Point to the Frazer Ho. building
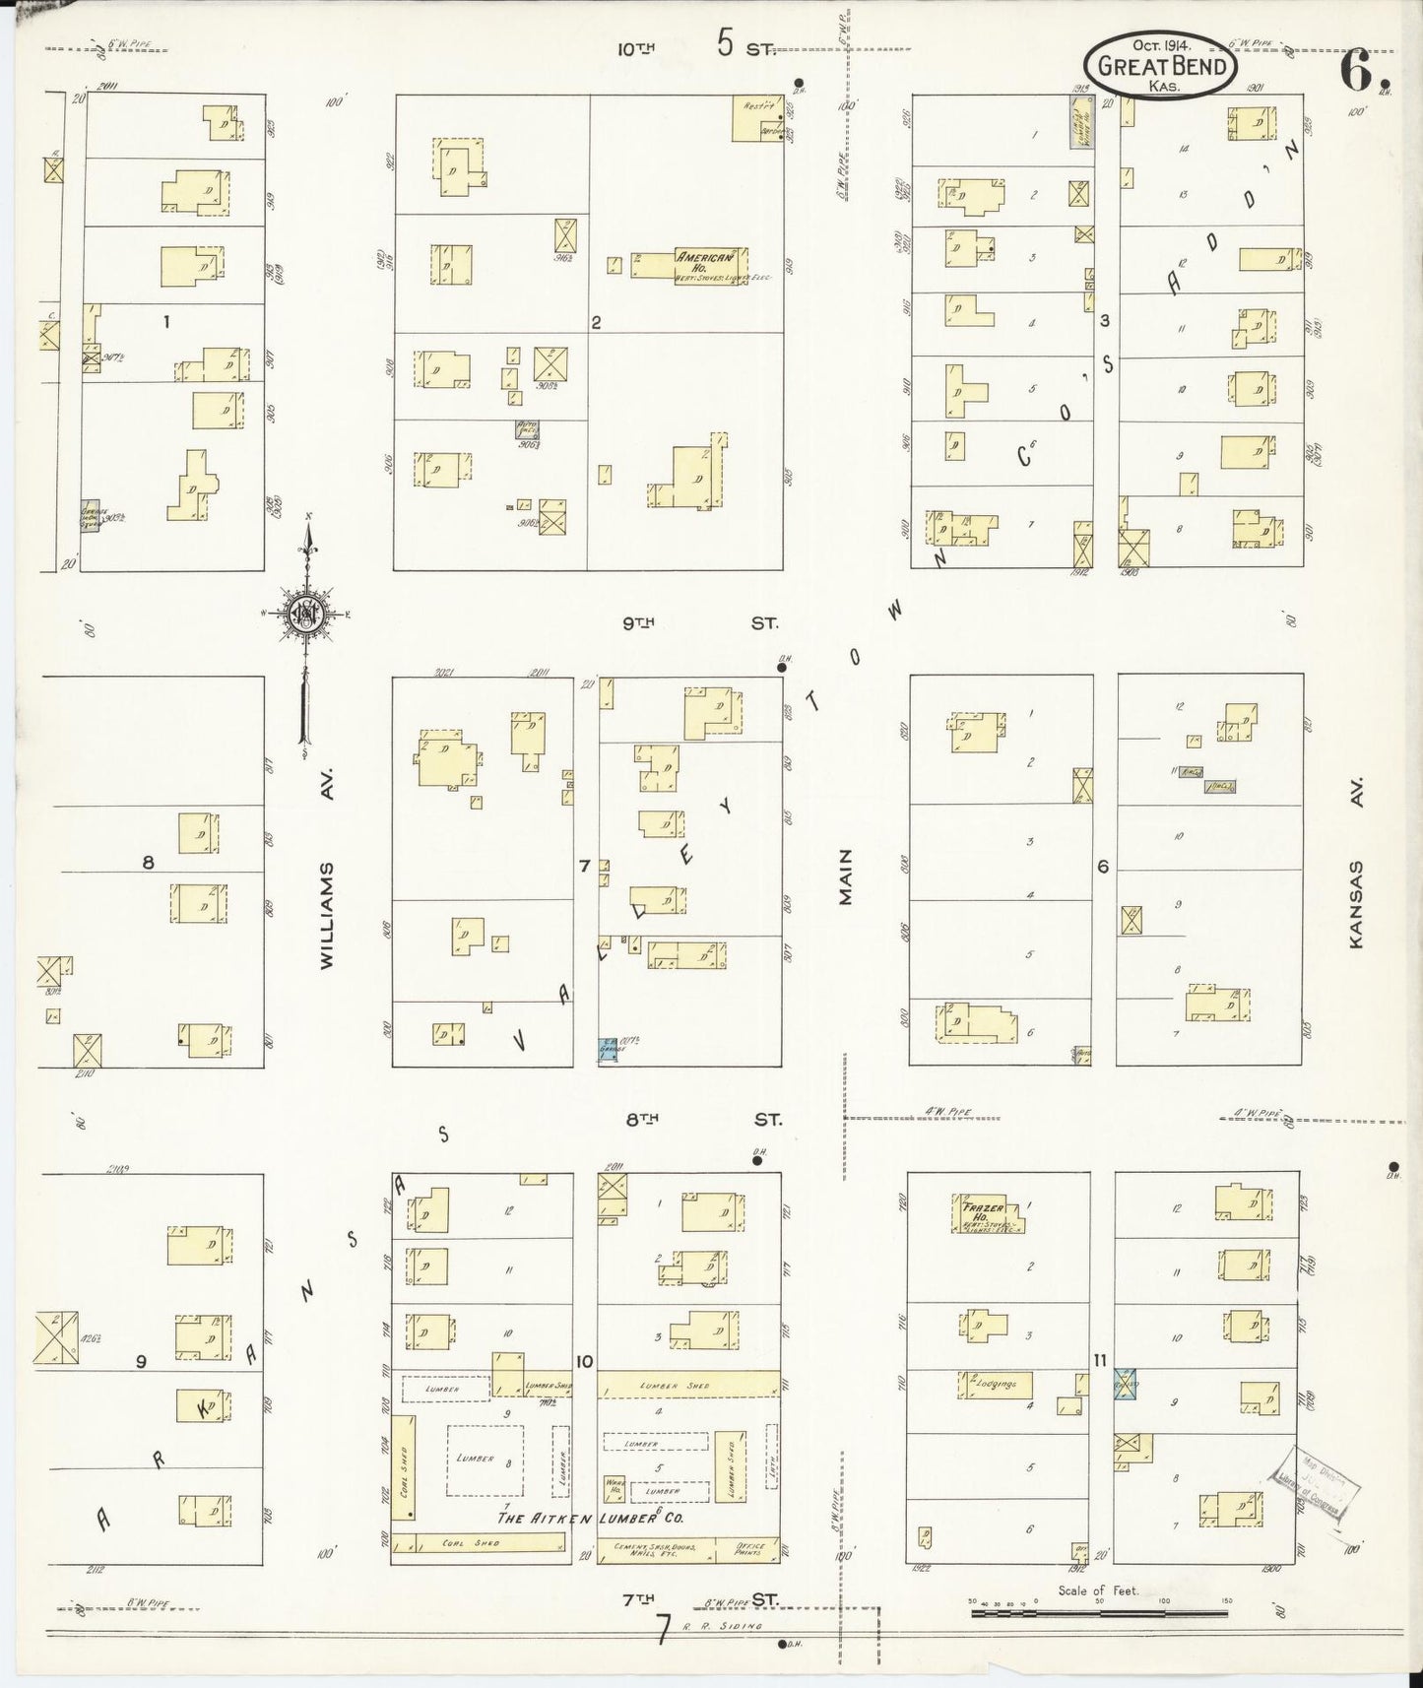coord(988,1214)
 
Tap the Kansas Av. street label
coord(1356,904)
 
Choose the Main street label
coord(845,876)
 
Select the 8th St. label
coord(701,1120)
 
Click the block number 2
coord(596,322)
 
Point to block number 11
coord(1100,1360)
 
